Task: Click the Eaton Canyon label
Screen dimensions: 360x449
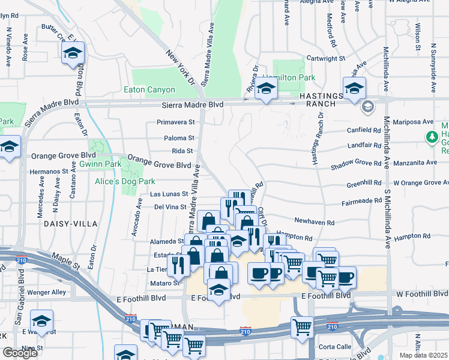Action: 149,90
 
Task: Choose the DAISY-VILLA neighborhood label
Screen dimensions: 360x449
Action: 70,223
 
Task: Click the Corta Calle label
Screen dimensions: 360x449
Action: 335,347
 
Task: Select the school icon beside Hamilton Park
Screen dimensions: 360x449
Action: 265,90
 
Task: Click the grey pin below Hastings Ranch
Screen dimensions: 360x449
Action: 367,107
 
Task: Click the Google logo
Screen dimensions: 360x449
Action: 20,353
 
